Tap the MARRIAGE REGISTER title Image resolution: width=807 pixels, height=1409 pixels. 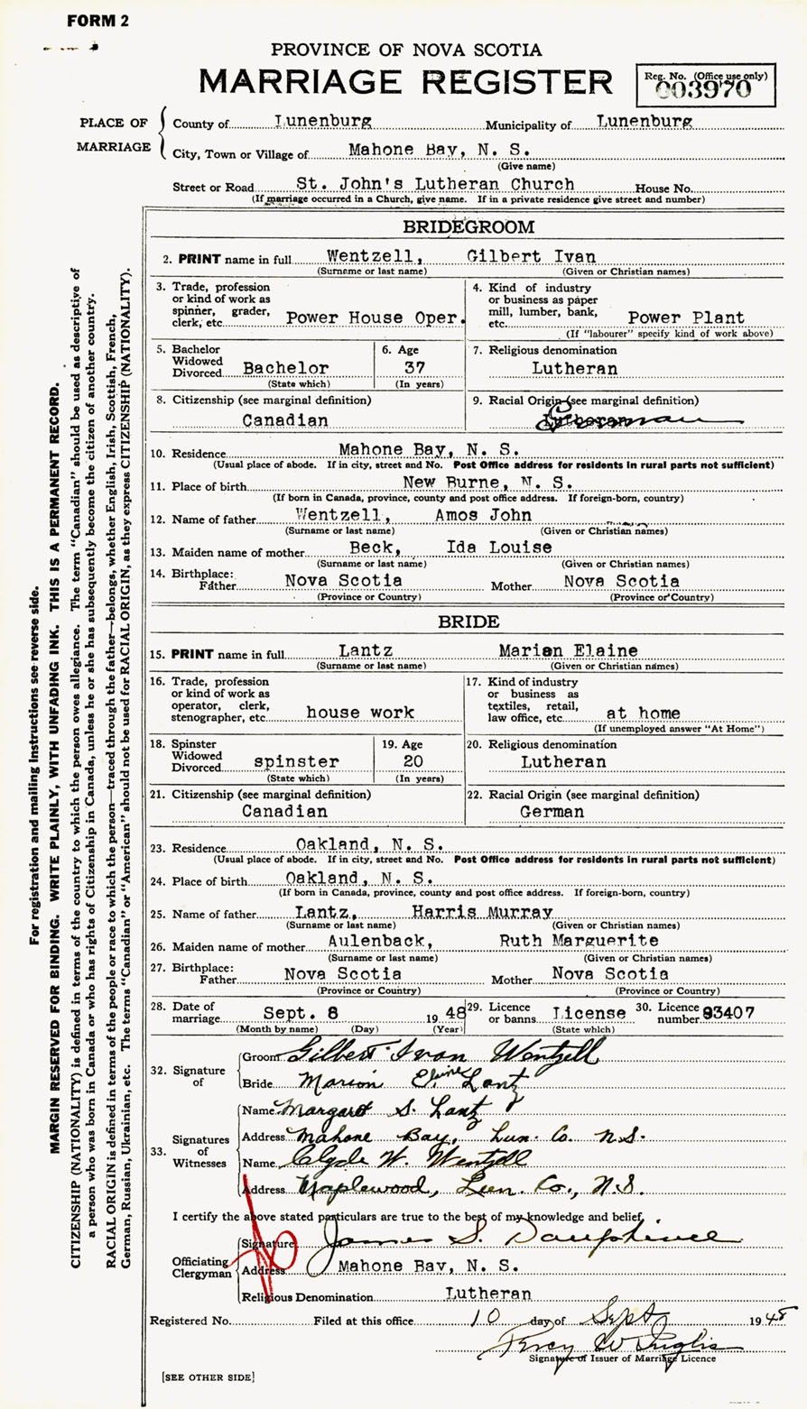click(x=405, y=82)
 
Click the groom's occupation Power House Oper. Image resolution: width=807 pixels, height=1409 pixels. click(x=376, y=318)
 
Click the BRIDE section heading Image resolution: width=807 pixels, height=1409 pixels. click(x=468, y=622)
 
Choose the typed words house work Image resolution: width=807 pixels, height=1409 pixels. click(x=360, y=712)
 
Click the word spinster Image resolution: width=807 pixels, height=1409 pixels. click(x=296, y=761)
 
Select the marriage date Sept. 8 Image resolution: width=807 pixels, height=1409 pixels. click(x=290, y=1012)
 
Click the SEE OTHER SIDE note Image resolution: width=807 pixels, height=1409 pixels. click(x=208, y=1377)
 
